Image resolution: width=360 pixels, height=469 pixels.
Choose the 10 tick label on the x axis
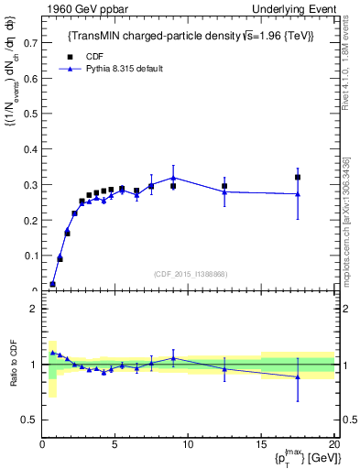pos(188,446)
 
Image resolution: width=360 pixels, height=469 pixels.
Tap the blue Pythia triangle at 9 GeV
pos(173,178)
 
